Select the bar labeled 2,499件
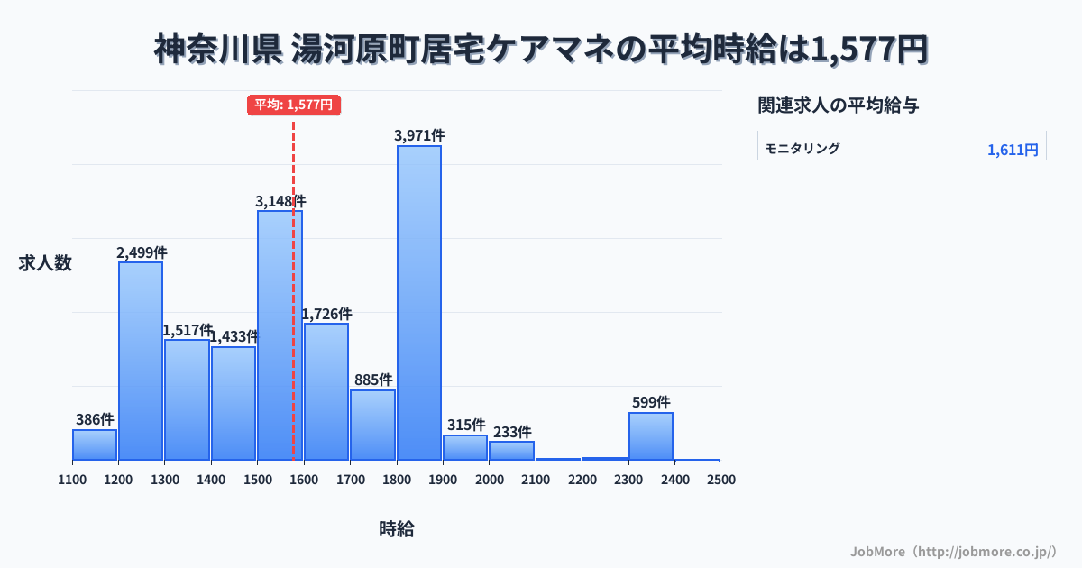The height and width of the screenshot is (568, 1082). tap(141, 361)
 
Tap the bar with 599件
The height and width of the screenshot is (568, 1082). tap(651, 436)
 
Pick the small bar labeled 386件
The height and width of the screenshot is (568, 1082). tap(95, 444)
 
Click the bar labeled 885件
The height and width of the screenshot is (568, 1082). tap(372, 425)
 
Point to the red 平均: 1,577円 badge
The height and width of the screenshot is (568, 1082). tap(294, 105)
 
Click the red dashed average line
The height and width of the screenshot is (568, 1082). tap(294, 270)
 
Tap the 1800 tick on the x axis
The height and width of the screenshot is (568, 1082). tap(396, 480)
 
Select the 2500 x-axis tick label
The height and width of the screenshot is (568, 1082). tap(721, 480)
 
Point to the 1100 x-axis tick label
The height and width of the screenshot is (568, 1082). tap(72, 480)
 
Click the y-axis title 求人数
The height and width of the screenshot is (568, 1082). tap(45, 263)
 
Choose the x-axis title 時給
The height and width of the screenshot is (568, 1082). tap(397, 529)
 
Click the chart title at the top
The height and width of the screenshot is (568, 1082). tap(541, 50)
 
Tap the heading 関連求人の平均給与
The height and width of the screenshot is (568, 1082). tap(839, 105)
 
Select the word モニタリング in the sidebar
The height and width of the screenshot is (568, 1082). tap(802, 149)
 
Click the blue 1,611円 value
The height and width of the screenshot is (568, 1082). tap(1013, 150)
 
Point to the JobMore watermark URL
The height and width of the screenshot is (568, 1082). tap(953, 551)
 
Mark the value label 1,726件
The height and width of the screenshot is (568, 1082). tap(326, 314)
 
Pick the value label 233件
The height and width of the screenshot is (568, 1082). tap(512, 432)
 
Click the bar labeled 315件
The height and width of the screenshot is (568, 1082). tap(465, 447)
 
